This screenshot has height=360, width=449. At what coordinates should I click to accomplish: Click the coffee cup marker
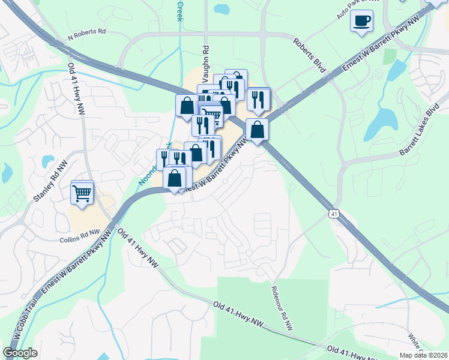361,21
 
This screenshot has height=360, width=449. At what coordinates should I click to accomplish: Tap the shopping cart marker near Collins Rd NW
82,193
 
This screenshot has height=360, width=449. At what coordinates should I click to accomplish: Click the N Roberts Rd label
86,35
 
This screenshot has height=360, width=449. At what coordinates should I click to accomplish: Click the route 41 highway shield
334,214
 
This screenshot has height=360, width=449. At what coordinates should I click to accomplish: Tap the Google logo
20,353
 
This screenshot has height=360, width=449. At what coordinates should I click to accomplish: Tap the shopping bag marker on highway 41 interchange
257,129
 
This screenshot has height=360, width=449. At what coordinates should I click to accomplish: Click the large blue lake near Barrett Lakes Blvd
380,123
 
